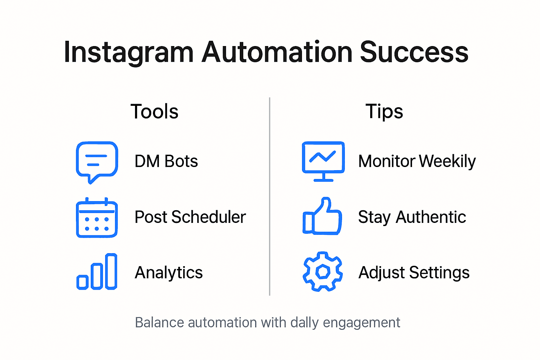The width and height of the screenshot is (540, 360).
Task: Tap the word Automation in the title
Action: (277, 52)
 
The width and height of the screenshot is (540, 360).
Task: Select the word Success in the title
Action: (414, 52)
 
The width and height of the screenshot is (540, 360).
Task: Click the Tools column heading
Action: (154, 111)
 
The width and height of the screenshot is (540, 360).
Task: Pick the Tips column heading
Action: (384, 111)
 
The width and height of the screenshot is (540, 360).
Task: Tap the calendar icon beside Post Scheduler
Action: (97, 218)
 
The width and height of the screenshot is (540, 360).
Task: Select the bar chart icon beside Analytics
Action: (97, 272)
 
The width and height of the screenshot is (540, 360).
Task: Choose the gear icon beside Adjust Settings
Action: (322, 271)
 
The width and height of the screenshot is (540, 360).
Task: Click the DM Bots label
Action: (166, 161)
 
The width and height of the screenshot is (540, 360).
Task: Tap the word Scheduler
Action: (208, 217)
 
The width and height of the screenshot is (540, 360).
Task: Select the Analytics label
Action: (169, 272)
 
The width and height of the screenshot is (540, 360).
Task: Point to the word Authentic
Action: (431, 217)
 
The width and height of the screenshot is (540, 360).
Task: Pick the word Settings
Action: (439, 272)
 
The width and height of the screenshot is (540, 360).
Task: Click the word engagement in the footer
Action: (361, 323)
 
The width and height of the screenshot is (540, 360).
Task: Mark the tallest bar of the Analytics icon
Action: (111, 271)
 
